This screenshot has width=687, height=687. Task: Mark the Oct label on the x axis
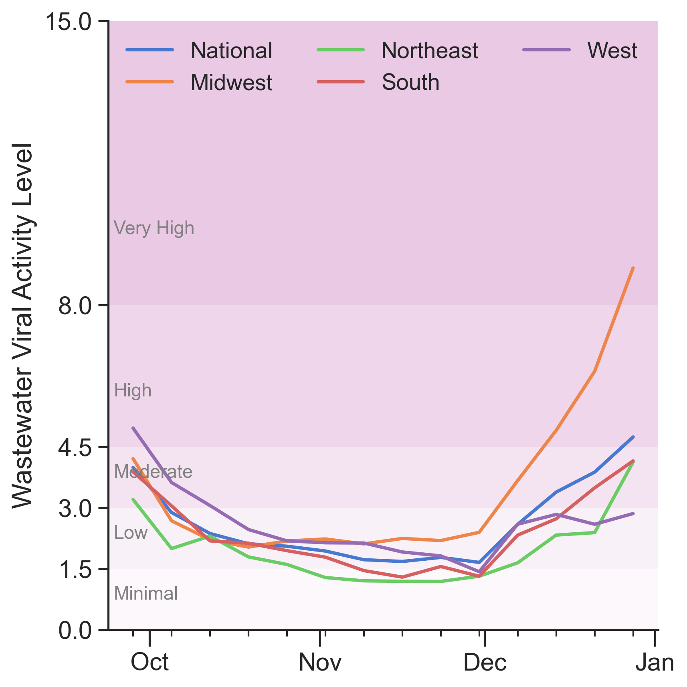[x=150, y=662]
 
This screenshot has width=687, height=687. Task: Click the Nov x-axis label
[x=320, y=662]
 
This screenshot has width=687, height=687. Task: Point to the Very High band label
[x=154, y=228]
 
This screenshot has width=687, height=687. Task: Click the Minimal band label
[x=146, y=594]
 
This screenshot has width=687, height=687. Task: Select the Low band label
[x=131, y=533]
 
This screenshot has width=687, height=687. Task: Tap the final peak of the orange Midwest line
[x=633, y=268]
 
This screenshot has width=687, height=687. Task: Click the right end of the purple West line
[x=633, y=513]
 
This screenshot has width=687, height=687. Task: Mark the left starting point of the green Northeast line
[x=133, y=499]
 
